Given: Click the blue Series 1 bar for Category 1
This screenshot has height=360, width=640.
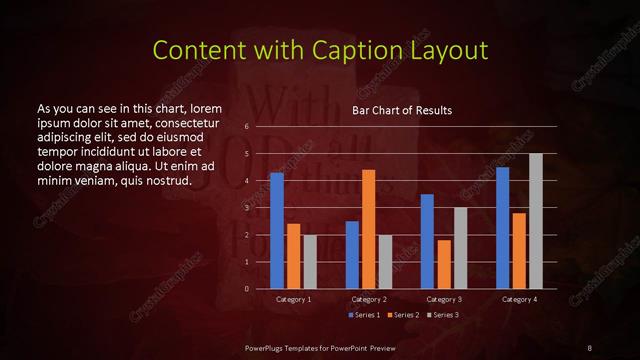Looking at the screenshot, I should point(276,231).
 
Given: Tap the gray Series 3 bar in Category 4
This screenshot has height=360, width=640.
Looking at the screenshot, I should point(535,221).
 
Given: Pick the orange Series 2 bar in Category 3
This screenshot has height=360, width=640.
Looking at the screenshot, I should point(443,264).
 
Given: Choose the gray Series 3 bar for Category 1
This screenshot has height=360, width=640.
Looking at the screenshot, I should point(309,262).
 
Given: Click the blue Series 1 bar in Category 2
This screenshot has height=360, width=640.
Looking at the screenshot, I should point(352,255).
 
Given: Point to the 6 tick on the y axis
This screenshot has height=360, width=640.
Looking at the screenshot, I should point(246,127).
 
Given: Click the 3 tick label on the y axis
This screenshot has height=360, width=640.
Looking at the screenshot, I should point(246,208).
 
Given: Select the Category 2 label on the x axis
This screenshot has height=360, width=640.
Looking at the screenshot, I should point(369,298).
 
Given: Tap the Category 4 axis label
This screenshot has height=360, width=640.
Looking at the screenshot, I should point(519,298).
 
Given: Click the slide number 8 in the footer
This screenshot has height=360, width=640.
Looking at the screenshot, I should point(589,347).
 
